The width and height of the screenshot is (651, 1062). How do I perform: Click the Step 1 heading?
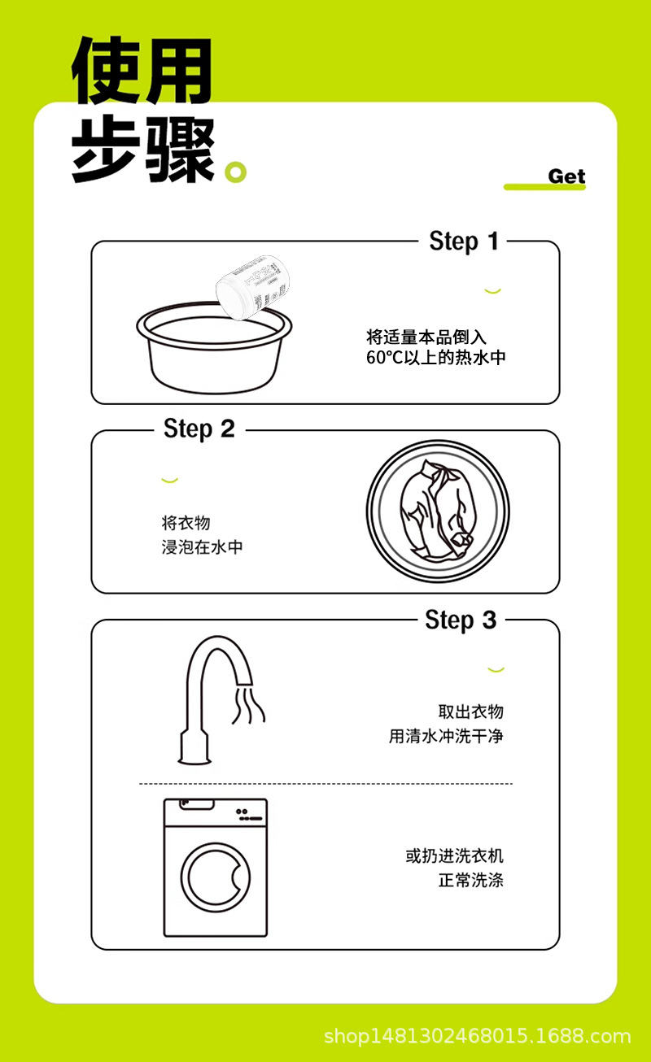464,242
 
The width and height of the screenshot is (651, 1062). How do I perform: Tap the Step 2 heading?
199,429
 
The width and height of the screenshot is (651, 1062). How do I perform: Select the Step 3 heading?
461,620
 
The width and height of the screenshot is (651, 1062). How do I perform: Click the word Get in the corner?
566,176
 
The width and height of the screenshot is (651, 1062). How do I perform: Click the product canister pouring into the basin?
252,287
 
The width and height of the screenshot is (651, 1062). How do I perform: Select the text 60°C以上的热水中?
435,358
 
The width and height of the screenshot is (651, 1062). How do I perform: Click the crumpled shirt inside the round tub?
437,510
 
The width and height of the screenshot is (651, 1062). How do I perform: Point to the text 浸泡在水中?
202,547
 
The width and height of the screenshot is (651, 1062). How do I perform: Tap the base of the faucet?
194,747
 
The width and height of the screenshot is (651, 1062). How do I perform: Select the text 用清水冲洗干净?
446,736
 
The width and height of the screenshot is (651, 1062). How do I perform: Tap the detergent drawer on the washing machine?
196,804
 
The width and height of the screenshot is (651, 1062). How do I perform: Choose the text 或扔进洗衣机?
455,855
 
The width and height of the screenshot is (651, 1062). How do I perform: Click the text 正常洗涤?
470,881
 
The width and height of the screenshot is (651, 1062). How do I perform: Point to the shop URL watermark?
478,1037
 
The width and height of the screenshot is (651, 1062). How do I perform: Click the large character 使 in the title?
107,70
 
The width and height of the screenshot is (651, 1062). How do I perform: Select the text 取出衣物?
470,712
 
